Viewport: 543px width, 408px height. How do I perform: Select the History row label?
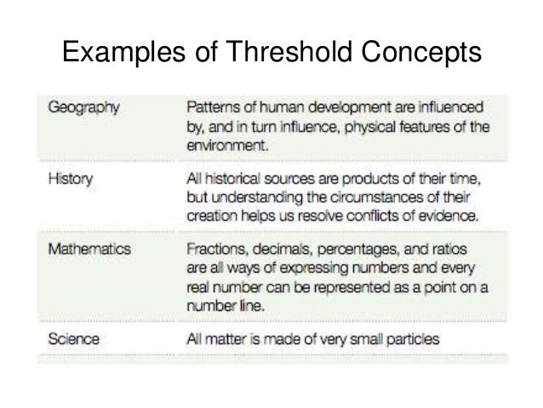click(x=70, y=180)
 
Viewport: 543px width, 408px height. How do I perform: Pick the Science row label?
click(x=73, y=340)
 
